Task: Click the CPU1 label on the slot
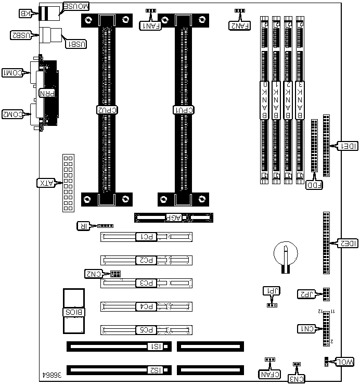tap(184, 110)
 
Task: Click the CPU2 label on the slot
tap(108, 110)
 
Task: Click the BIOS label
tap(73, 312)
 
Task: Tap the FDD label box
tap(314, 184)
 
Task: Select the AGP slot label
tap(173, 218)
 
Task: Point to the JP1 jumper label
tap(271, 291)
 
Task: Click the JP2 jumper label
tap(306, 294)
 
